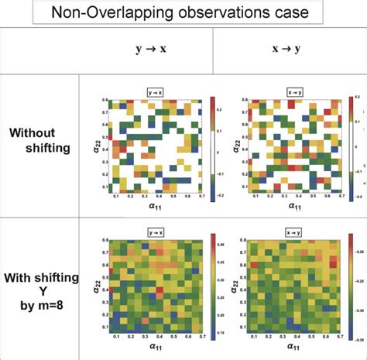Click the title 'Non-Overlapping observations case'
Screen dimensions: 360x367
click(x=183, y=13)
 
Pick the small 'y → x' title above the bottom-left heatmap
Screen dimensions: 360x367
click(x=157, y=231)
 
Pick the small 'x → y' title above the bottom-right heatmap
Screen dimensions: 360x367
click(x=294, y=231)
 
